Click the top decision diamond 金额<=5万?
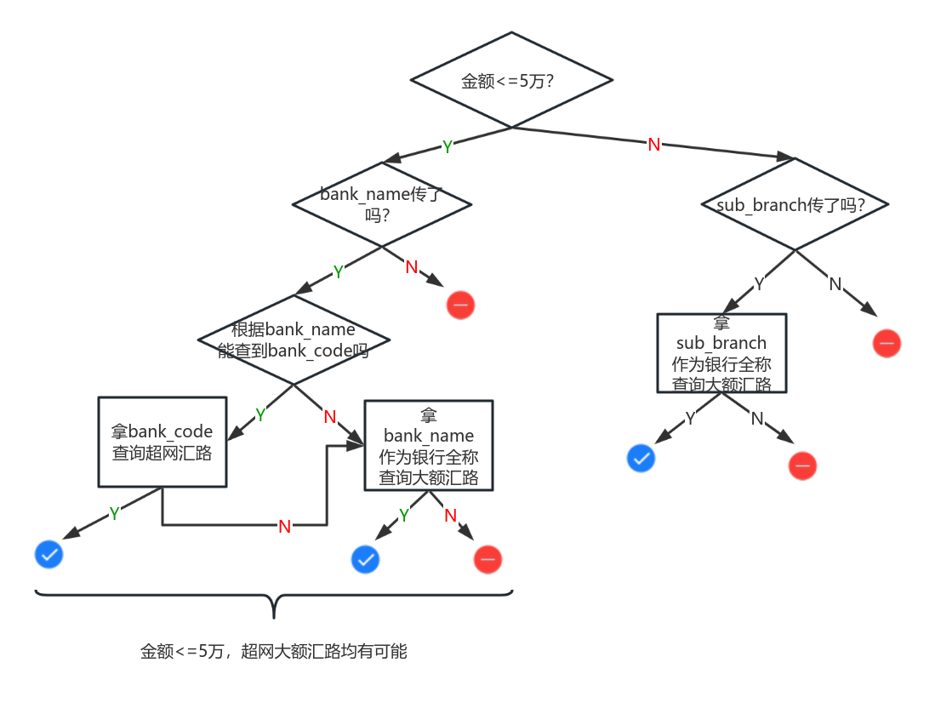(x=511, y=81)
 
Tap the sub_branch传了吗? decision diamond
(x=795, y=205)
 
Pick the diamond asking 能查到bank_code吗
(x=294, y=340)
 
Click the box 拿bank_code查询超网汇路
(x=162, y=442)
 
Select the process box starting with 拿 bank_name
(x=429, y=446)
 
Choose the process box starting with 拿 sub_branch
(x=721, y=353)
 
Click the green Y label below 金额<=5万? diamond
(x=447, y=147)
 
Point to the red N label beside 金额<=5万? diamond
(x=653, y=145)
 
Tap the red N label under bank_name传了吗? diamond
(x=412, y=267)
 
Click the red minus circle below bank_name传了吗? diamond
(x=460, y=305)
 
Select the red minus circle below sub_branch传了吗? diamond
(x=887, y=344)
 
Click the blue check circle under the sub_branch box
(x=641, y=459)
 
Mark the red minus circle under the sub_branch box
(x=802, y=465)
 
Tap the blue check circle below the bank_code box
(x=48, y=555)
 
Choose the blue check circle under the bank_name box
(x=365, y=559)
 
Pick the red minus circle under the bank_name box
(x=487, y=559)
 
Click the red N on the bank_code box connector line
(x=285, y=526)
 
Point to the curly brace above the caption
(x=274, y=600)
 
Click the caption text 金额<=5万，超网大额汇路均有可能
(x=274, y=652)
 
